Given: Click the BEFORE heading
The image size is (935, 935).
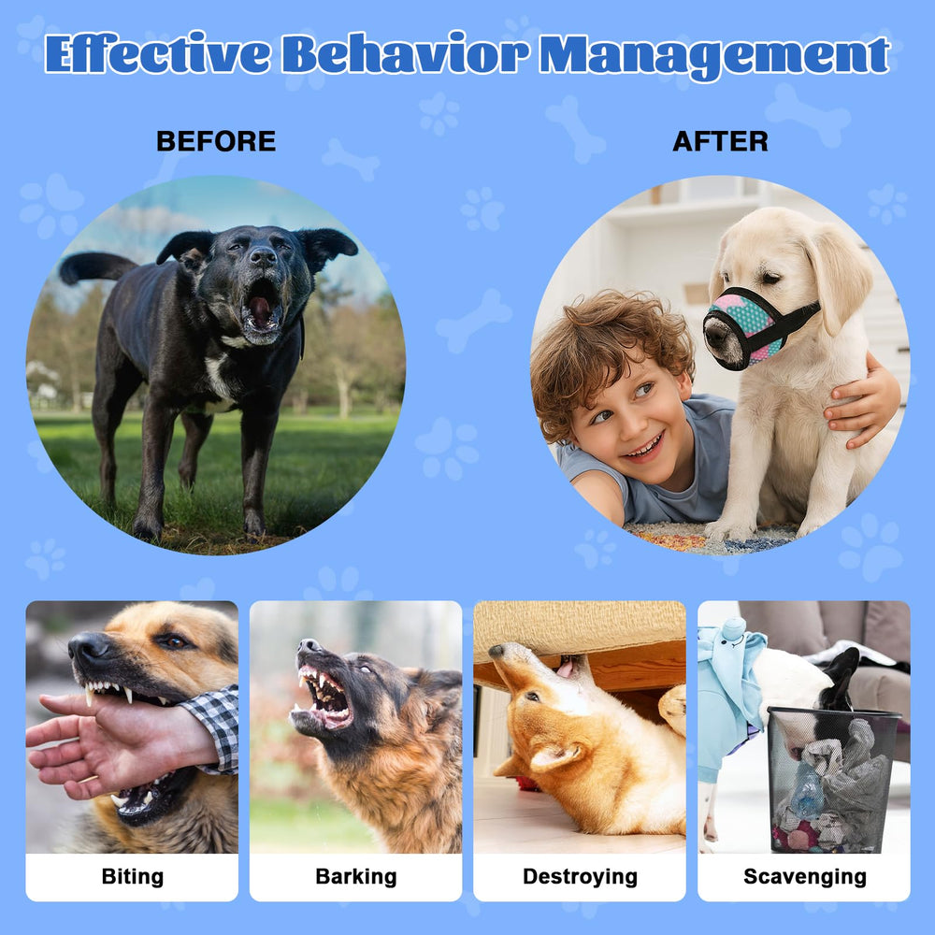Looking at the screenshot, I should [x=216, y=141].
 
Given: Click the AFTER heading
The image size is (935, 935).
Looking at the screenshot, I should [x=720, y=141].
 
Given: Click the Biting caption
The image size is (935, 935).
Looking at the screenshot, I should [x=132, y=876].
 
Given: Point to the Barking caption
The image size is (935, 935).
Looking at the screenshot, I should [x=355, y=876].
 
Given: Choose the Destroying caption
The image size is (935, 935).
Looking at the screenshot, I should [x=580, y=876].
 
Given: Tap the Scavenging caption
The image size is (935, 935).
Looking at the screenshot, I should [x=804, y=876].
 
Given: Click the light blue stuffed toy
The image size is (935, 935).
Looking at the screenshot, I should [x=729, y=692].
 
